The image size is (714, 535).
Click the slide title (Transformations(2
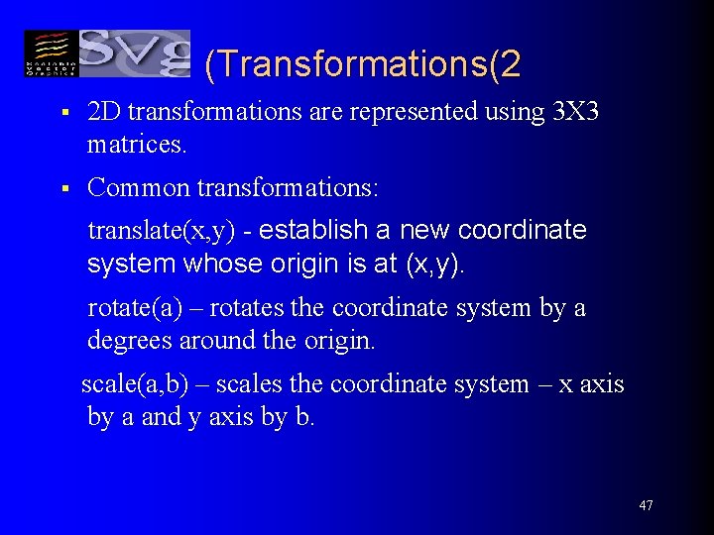pyautogui.click(x=363, y=64)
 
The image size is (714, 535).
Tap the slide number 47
pyautogui.click(x=646, y=506)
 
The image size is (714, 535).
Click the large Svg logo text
pyautogui.click(x=134, y=53)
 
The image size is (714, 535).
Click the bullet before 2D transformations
pyautogui.click(x=62, y=113)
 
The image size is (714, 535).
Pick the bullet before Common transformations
pyautogui.click(x=62, y=187)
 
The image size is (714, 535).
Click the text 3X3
pyautogui.click(x=574, y=112)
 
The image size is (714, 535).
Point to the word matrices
pyautogui.click(x=136, y=146)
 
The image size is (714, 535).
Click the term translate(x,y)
pyautogui.click(x=162, y=232)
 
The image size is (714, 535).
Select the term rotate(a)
pyautogui.click(x=136, y=308)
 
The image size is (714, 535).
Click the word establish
pyautogui.click(x=314, y=231)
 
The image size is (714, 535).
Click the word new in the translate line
pyautogui.click(x=425, y=231)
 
